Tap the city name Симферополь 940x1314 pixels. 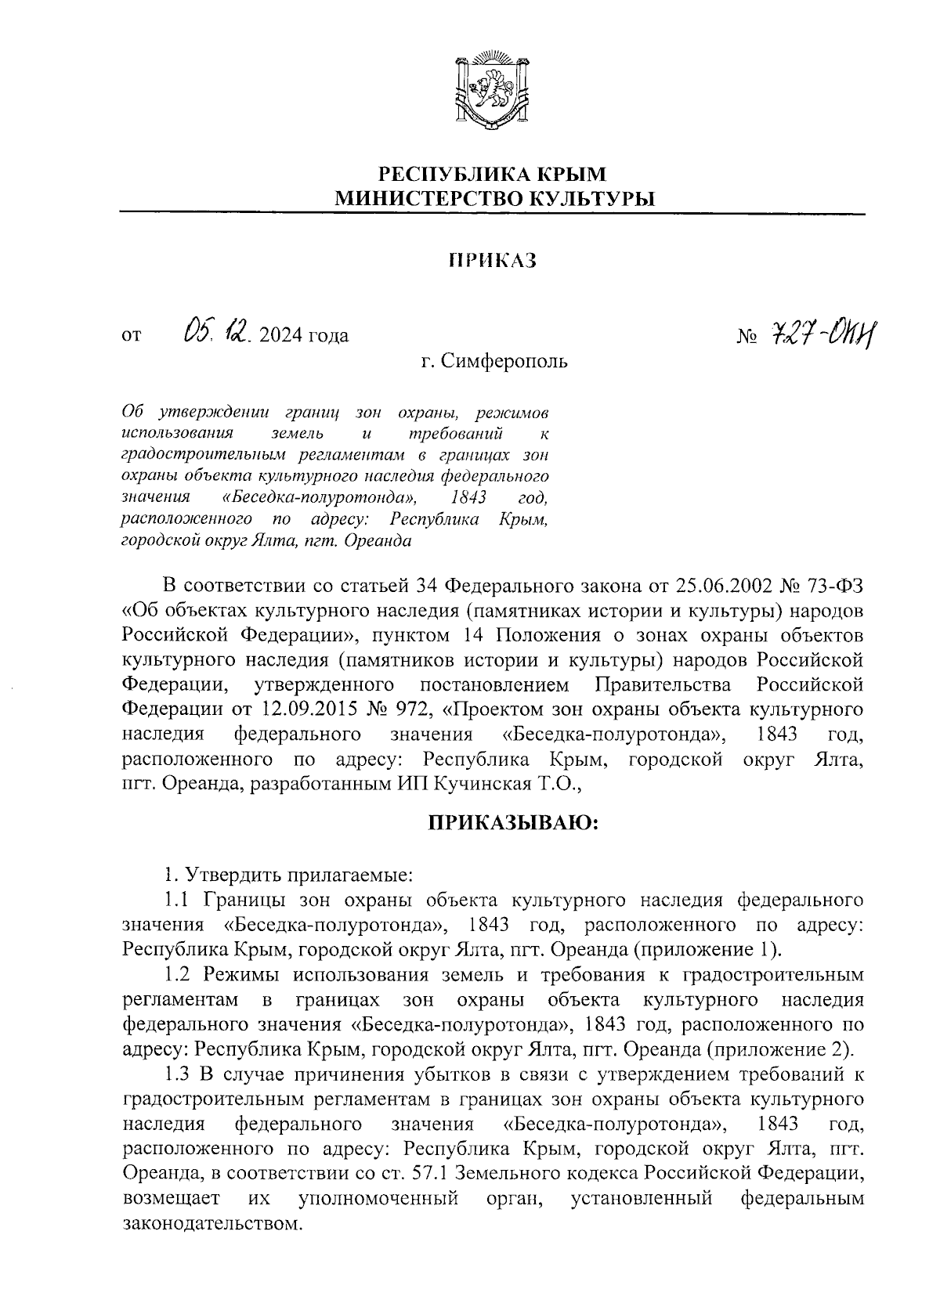click(x=504, y=362)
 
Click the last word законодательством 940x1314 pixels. click(x=213, y=1224)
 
